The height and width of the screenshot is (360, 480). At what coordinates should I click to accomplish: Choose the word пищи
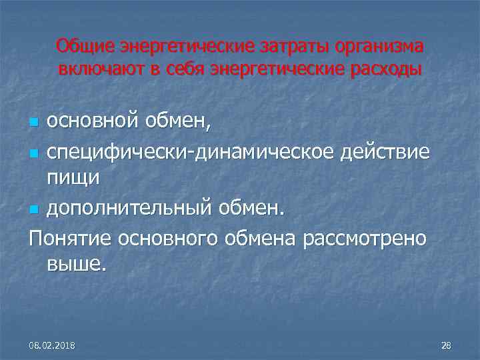tap(73, 177)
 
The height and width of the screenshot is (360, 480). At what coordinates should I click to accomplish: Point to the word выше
tap(75, 265)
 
